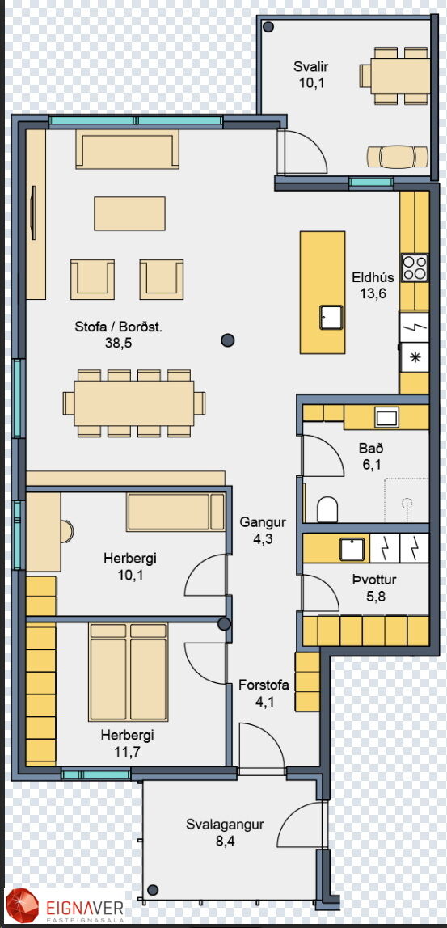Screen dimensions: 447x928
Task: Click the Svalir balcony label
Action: click(x=311, y=67)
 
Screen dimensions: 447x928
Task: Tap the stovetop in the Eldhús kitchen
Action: click(x=415, y=267)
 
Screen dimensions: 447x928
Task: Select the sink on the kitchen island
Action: click(x=331, y=317)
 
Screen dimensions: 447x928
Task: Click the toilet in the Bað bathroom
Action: click(x=327, y=509)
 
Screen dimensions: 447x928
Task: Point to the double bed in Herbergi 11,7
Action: click(x=128, y=672)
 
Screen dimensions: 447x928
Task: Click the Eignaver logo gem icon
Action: click(x=21, y=906)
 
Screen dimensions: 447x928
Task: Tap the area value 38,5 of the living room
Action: click(x=118, y=342)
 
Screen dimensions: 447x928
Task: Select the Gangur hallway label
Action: click(x=263, y=523)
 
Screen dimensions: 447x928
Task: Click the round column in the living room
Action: click(x=227, y=340)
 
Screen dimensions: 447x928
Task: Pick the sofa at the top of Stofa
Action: click(x=127, y=149)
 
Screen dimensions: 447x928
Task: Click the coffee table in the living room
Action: click(x=129, y=213)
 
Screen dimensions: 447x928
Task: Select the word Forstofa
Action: click(x=264, y=685)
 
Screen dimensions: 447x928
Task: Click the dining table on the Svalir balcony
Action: click(x=403, y=75)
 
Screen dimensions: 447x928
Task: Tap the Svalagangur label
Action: click(x=225, y=825)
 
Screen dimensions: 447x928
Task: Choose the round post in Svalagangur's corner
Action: click(x=154, y=889)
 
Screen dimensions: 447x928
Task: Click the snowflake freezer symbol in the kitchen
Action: click(x=415, y=358)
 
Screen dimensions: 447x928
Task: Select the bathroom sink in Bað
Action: click(x=386, y=417)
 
